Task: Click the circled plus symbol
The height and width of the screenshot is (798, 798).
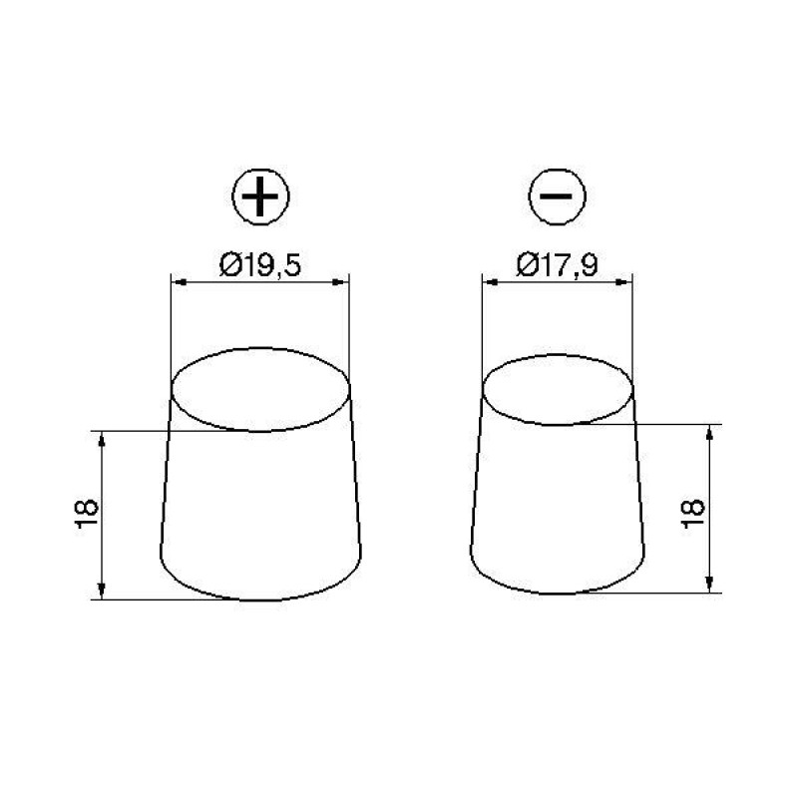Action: (260, 199)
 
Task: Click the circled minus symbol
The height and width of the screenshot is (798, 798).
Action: (556, 199)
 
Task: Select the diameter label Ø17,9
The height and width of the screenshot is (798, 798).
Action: (557, 266)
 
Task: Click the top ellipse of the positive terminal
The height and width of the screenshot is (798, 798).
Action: (260, 390)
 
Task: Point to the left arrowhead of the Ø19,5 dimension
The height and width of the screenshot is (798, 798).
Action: (177, 283)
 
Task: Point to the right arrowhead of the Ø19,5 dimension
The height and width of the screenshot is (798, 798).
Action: (344, 283)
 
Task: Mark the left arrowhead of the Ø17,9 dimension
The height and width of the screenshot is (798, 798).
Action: (487, 283)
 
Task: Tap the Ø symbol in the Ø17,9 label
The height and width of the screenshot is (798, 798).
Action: (524, 266)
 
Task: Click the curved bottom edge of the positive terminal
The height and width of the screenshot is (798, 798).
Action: (260, 600)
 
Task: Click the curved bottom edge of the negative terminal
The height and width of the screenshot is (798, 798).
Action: (557, 595)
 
